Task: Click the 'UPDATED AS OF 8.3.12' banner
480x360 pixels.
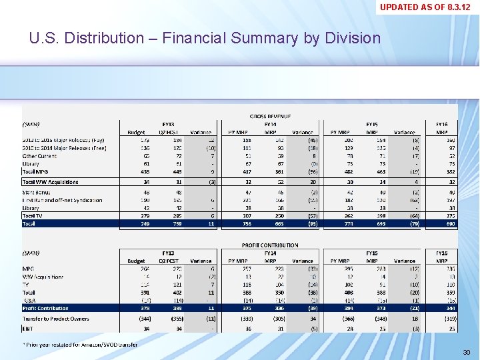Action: click(429, 7)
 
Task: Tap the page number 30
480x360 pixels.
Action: click(467, 352)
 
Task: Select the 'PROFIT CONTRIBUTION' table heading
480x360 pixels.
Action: click(270, 245)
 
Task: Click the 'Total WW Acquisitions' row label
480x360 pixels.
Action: click(51, 181)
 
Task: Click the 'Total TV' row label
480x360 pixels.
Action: click(33, 216)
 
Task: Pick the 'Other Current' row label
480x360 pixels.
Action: click(40, 156)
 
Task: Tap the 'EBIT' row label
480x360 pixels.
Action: click(29, 328)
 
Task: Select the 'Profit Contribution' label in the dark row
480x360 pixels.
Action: click(45, 309)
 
